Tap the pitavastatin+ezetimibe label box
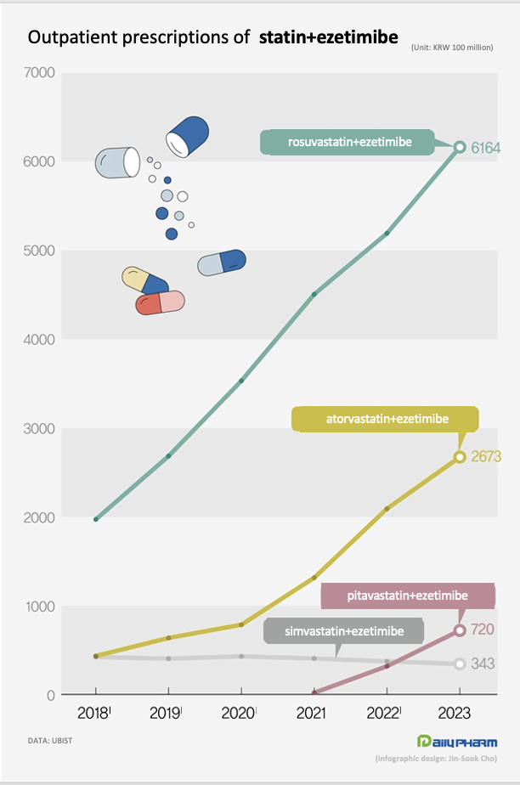coord(407,596)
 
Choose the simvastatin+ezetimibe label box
coord(344,632)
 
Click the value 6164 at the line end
coord(486,149)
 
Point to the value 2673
coord(487,457)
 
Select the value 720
coord(483,630)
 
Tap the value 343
coord(483,664)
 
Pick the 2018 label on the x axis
coord(94,713)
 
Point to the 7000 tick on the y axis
coord(40,73)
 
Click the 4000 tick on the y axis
coord(40,340)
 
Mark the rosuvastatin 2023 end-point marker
coord(460,147)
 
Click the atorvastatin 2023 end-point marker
coord(460,457)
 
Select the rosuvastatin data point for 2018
coord(95,519)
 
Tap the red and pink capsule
coord(161,302)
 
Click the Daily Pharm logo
coord(457,741)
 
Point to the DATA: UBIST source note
coord(51,742)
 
